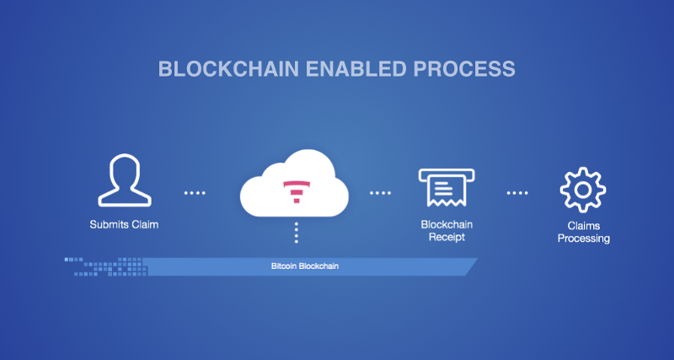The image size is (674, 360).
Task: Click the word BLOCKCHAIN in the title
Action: click(217, 68)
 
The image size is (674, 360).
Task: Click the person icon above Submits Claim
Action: click(124, 182)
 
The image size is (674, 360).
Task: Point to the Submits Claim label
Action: click(124, 225)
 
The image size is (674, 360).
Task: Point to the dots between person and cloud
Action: click(195, 193)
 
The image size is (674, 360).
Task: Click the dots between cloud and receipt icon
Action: click(380, 193)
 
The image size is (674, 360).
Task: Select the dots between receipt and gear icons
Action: click(517, 193)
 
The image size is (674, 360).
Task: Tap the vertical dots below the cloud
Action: click(296, 234)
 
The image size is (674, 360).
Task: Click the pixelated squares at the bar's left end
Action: click(105, 266)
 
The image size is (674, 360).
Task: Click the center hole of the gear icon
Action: click(583, 190)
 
